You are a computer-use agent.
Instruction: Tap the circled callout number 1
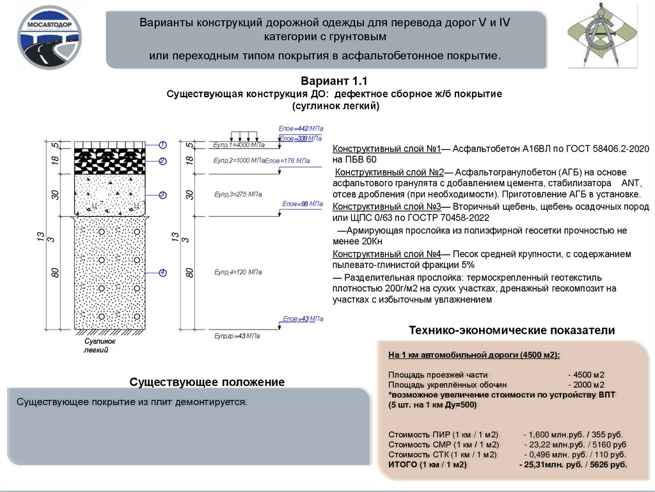[x=163, y=145]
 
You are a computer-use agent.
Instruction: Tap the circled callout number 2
[x=163, y=161]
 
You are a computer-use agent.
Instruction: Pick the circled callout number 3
[x=163, y=194]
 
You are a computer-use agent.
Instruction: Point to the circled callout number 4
[x=163, y=273]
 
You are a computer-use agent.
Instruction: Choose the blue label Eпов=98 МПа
[x=296, y=204]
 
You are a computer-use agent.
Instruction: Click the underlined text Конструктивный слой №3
[x=387, y=207]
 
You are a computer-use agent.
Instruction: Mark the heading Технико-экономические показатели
[x=512, y=331]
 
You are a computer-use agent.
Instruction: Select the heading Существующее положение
[x=207, y=382]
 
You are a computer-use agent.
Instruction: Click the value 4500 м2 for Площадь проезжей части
[x=586, y=374]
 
